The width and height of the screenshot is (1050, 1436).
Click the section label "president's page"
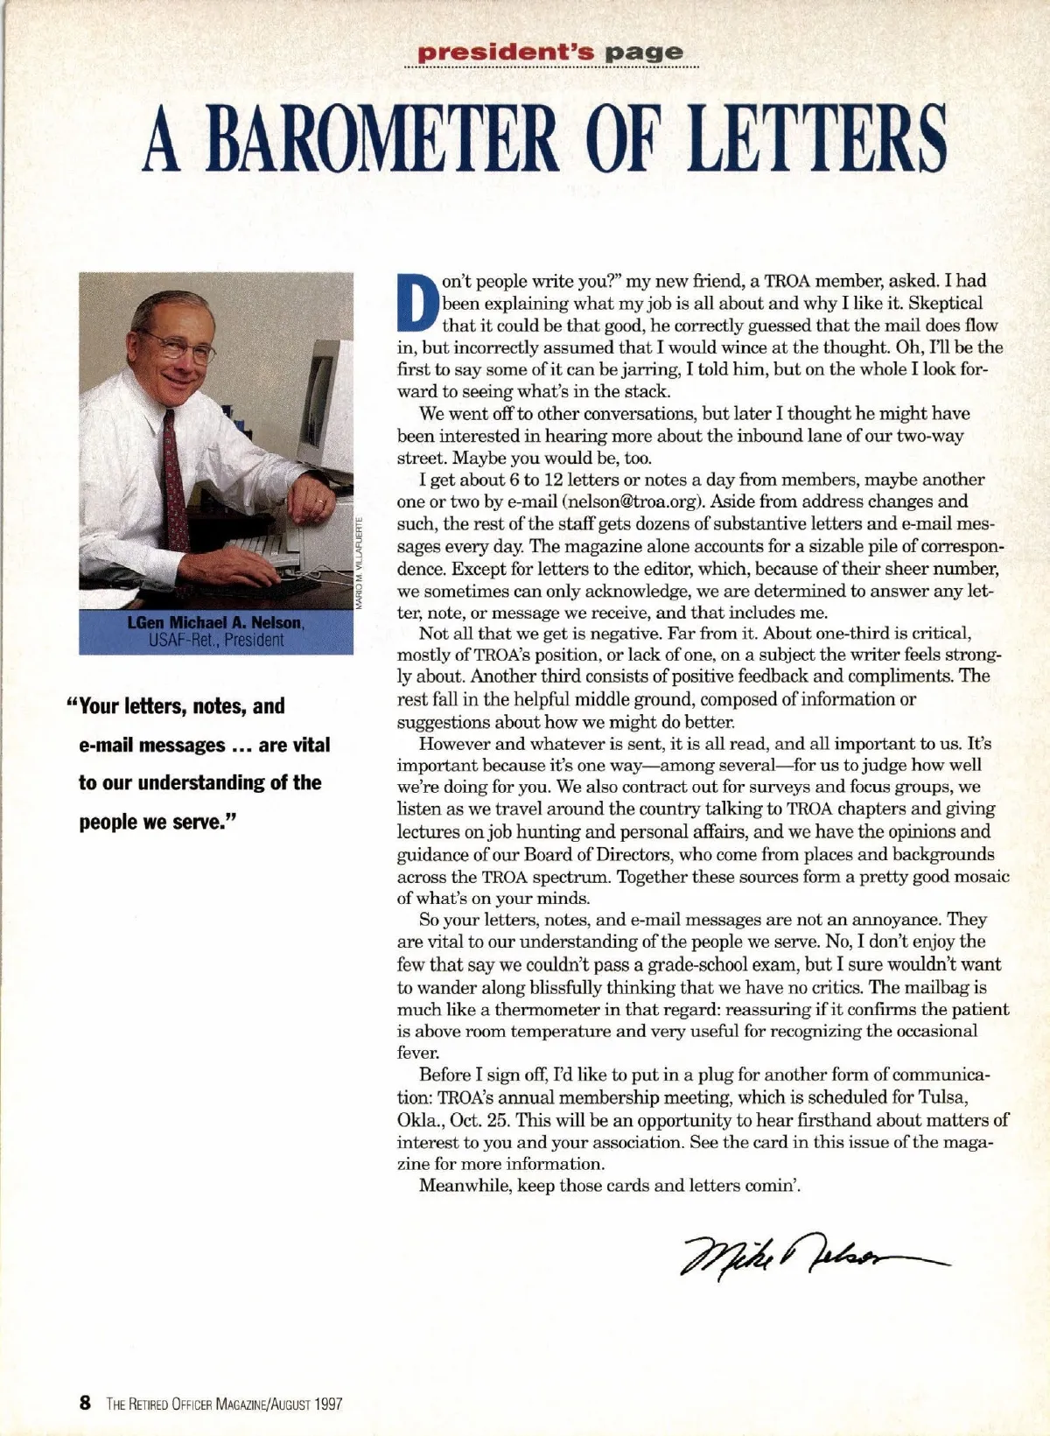550,52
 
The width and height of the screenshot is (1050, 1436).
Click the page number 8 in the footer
85,1403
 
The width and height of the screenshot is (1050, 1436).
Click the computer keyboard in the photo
262,547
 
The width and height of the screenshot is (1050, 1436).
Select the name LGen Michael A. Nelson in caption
215,622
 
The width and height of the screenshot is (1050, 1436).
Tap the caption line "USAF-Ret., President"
215,640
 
